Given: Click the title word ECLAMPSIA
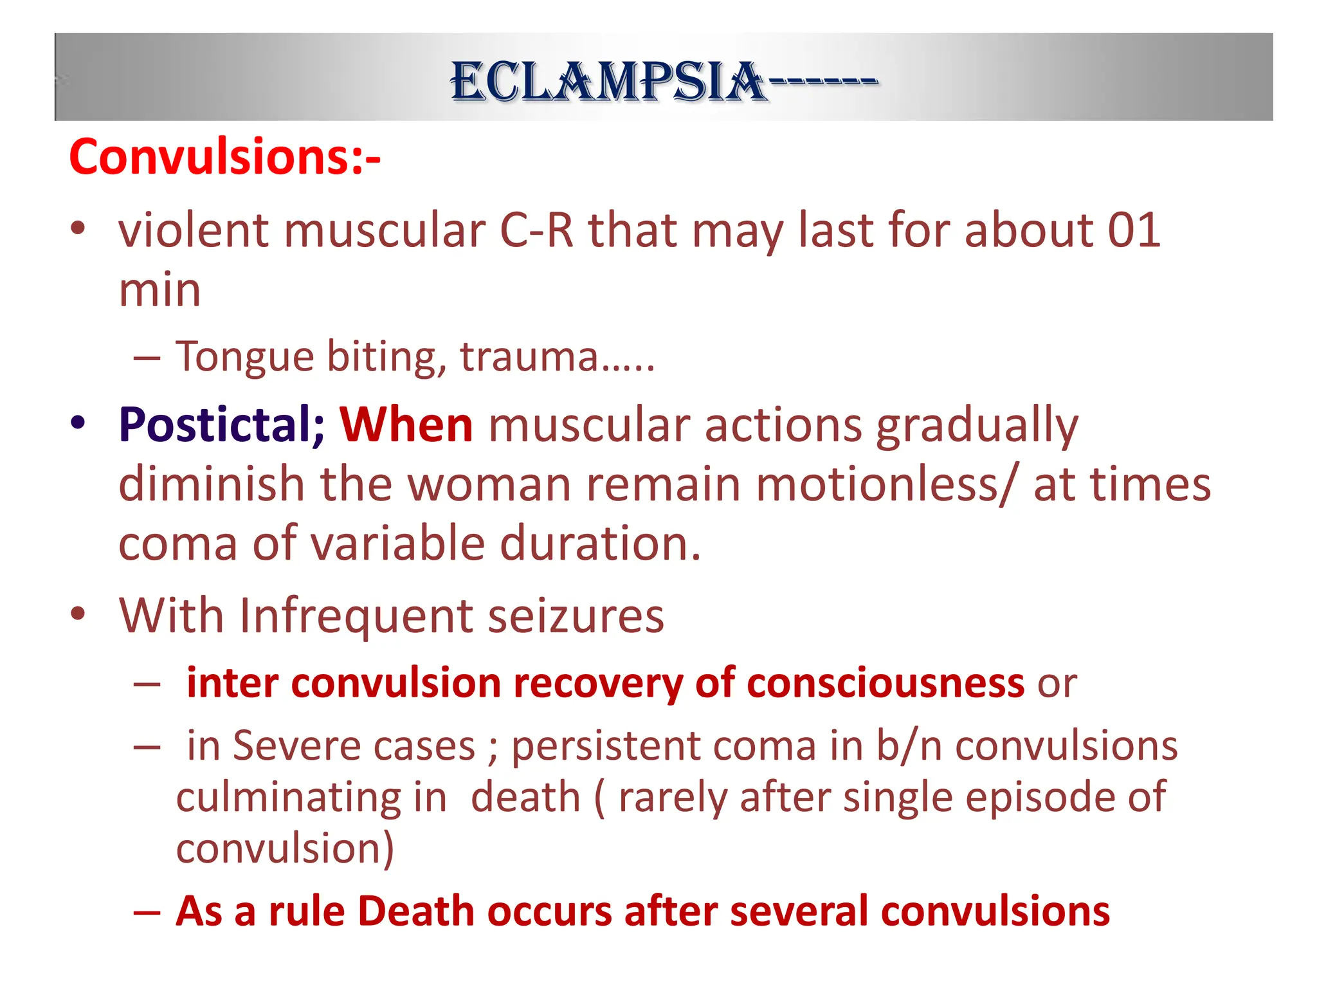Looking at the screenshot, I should pyautogui.click(x=608, y=82).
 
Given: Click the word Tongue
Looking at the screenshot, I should pyautogui.click(x=244, y=357).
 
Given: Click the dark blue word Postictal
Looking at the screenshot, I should pyautogui.click(x=216, y=425).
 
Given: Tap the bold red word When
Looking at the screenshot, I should pyautogui.click(x=406, y=425).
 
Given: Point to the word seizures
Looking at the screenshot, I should pyautogui.click(x=576, y=616).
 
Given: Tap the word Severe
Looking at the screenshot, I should pyautogui.click(x=353, y=746).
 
